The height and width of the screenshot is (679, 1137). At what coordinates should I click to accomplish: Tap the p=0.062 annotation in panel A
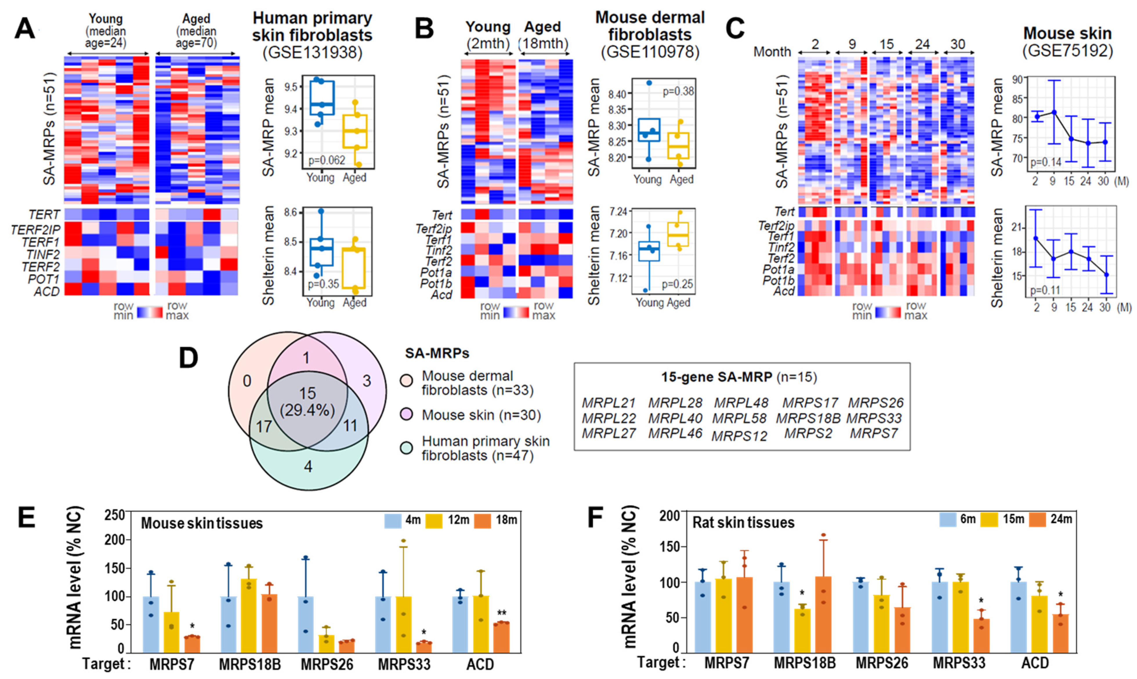[x=327, y=160]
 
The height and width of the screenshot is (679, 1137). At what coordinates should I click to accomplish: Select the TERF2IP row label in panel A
[x=36, y=229]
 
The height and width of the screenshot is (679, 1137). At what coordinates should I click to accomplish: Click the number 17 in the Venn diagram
[x=264, y=427]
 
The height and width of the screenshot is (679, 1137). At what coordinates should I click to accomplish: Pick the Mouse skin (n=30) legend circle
[x=406, y=415]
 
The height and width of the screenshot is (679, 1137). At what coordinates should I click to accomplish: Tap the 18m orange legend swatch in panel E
[x=483, y=521]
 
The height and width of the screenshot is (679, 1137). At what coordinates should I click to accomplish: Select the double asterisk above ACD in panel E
[x=501, y=613]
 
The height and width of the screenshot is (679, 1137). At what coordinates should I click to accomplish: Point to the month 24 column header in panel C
[x=922, y=44]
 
